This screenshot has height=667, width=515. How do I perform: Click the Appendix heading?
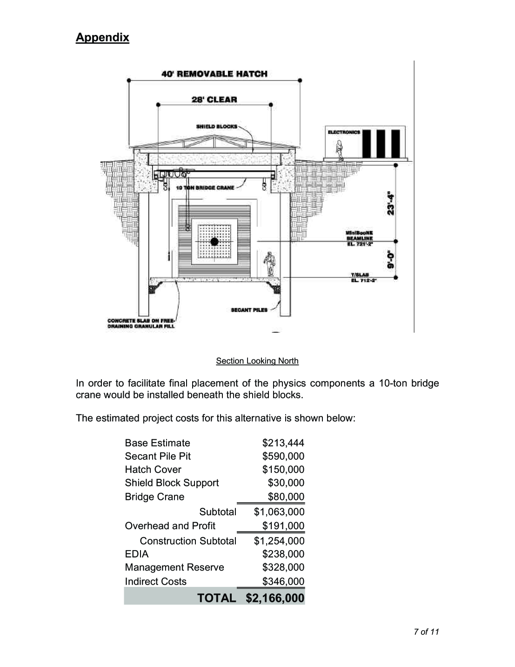click(102, 37)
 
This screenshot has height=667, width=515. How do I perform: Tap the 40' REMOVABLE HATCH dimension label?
click(214, 74)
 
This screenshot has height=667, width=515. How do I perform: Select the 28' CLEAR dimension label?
click(214, 99)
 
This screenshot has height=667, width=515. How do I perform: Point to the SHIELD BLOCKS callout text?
click(216, 126)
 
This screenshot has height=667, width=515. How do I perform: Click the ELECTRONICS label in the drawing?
click(344, 132)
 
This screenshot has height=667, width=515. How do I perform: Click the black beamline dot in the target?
click(214, 241)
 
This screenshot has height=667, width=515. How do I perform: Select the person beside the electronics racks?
click(340, 150)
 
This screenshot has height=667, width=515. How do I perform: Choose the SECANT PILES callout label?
click(249, 310)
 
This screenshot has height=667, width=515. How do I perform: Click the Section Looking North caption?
click(257, 361)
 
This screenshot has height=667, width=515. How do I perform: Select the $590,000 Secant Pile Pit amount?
click(283, 456)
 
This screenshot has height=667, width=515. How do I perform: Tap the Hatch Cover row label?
click(153, 470)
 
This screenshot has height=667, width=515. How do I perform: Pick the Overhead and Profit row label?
click(170, 526)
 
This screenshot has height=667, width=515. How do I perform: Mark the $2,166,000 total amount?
click(275, 598)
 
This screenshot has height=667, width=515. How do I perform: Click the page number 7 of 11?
click(426, 632)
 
